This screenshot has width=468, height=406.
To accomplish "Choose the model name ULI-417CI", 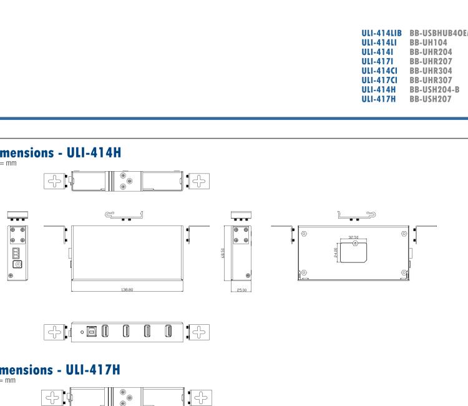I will [x=380, y=81].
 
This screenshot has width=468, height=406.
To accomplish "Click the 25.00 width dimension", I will [x=241, y=289].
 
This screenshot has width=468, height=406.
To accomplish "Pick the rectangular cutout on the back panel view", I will [x=354, y=252].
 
